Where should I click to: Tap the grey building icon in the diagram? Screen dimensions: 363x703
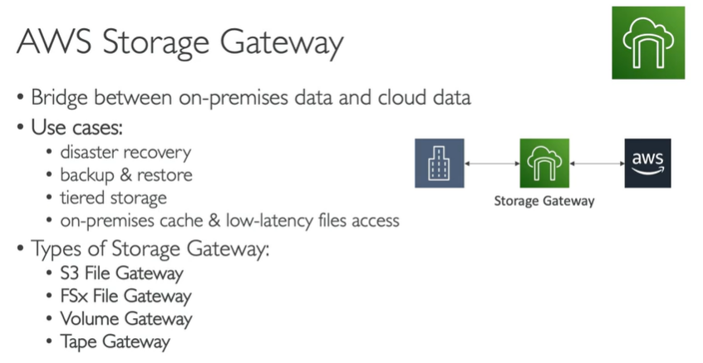point(436,164)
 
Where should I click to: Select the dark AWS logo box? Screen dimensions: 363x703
point(647,164)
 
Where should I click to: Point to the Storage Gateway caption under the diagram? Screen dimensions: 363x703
point(543,201)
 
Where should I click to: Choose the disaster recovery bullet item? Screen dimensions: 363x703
point(125,152)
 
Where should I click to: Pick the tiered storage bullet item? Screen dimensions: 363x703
point(113,198)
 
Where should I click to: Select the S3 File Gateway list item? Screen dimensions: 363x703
point(121,272)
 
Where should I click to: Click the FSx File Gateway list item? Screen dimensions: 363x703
point(125,296)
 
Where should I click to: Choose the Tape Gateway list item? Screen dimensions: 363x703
point(116,341)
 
